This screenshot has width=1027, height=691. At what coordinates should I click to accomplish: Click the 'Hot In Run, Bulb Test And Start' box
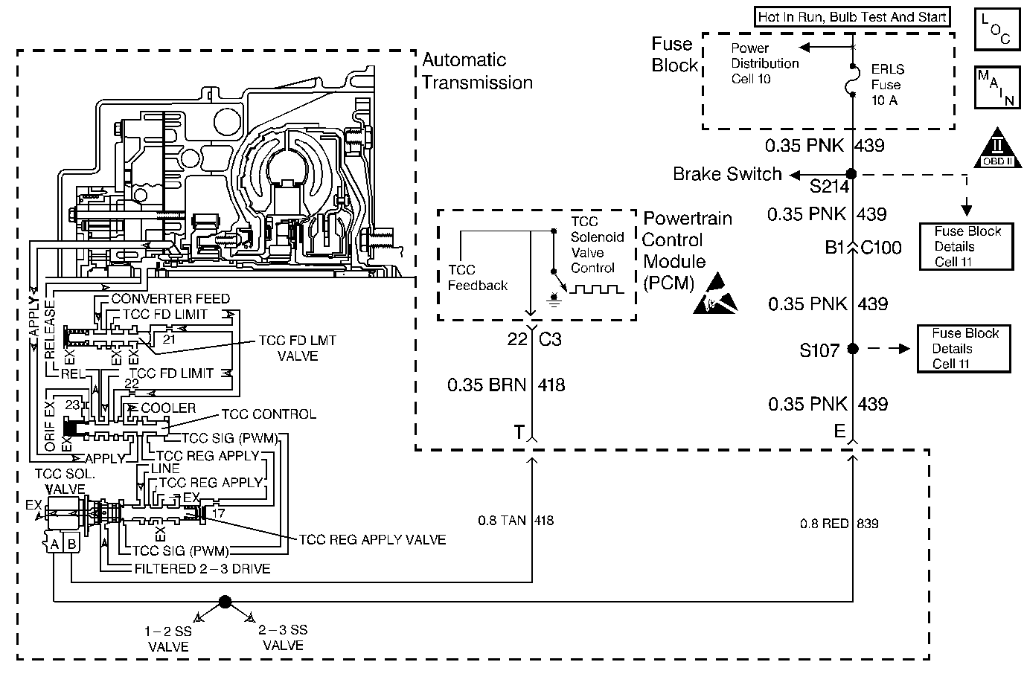[851, 17]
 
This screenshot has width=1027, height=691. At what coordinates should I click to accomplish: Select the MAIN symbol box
[995, 87]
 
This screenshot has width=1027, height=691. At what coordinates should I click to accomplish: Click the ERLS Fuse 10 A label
[887, 85]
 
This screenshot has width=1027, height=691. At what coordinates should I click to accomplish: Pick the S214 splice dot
[852, 174]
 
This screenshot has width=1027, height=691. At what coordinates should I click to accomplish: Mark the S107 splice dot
[853, 348]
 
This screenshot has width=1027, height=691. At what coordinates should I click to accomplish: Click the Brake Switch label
[727, 174]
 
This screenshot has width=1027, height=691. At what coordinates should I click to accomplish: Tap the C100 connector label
[881, 248]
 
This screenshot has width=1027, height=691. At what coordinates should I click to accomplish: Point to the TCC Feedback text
[478, 277]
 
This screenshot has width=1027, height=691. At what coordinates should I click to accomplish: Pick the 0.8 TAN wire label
[502, 521]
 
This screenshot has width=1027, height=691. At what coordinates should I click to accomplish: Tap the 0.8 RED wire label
[824, 524]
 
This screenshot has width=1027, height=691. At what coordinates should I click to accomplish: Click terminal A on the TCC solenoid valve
[54, 544]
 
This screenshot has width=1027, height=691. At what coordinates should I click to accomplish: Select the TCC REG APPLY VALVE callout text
[372, 540]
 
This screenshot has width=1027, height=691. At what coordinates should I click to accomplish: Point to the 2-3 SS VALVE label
[283, 638]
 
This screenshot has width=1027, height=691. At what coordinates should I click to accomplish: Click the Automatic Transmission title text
[477, 71]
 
